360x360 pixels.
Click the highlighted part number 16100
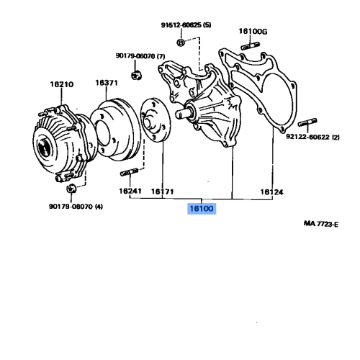coord(202,210)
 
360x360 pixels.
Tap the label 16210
coord(61,84)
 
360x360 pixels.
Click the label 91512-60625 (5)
coord(186,24)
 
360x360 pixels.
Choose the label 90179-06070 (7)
coord(140,55)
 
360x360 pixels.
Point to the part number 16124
coord(271,192)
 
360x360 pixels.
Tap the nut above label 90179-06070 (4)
coord(71,189)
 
